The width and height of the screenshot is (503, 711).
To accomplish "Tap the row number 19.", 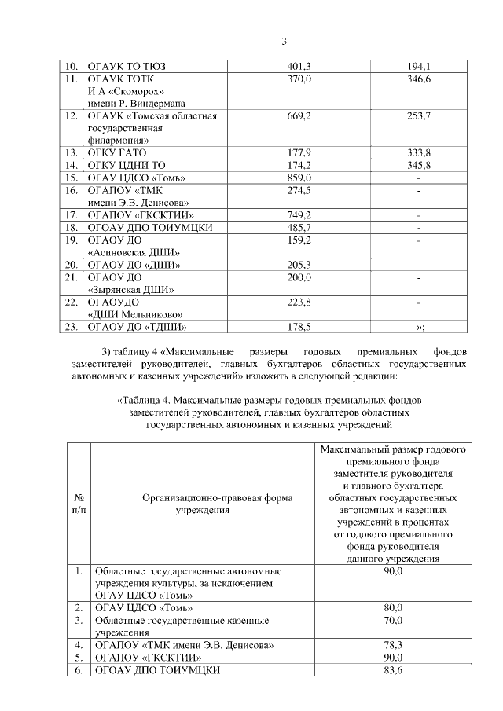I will click(71, 240).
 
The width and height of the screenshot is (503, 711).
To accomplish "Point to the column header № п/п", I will click(79, 504).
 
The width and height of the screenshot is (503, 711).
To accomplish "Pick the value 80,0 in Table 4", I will click(394, 607).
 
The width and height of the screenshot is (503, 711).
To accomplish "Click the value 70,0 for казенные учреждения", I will click(394, 620).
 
